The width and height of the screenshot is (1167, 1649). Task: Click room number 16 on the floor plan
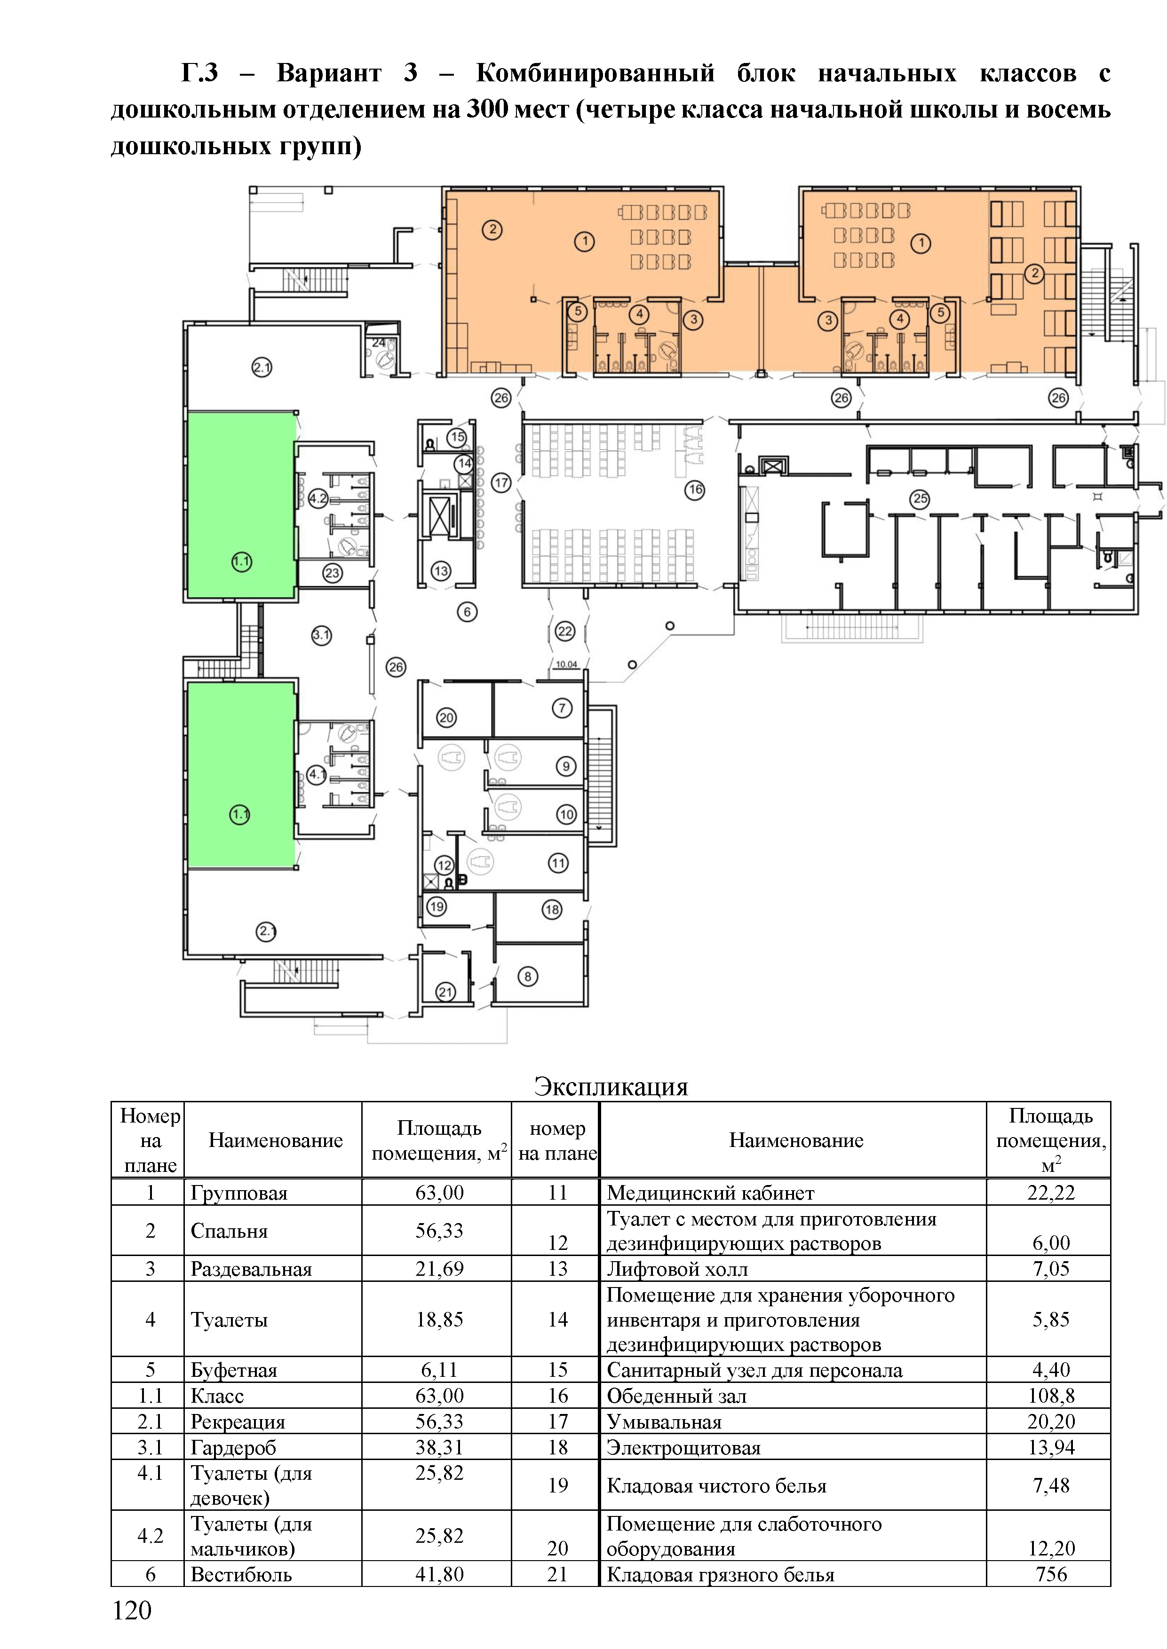[694, 490]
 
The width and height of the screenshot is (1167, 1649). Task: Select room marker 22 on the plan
[565, 631]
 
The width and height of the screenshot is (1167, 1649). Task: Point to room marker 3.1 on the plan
[321, 635]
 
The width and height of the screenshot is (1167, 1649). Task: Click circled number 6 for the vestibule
[467, 612]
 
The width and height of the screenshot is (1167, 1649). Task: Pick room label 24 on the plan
[379, 343]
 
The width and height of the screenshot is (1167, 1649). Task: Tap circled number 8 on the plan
[527, 976]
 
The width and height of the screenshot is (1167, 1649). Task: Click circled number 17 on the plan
[501, 483]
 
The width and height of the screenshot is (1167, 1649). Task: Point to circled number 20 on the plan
[446, 717]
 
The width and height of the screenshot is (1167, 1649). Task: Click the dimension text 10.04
[566, 664]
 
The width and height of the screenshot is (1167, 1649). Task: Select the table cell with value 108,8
[1051, 1396]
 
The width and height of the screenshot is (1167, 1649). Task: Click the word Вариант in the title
[328, 72]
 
